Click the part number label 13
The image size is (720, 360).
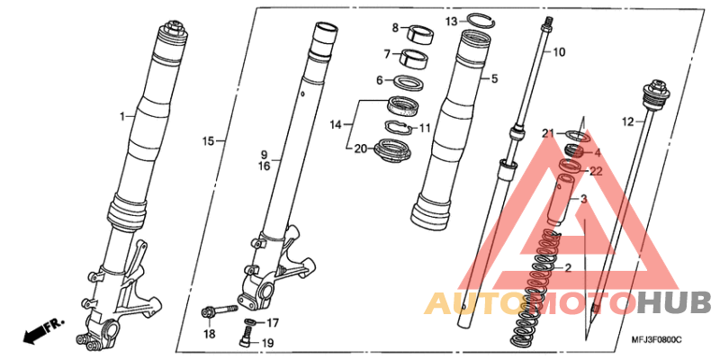(452, 21)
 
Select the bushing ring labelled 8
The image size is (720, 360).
(421, 34)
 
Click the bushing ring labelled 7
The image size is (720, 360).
(414, 58)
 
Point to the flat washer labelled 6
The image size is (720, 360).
(409, 83)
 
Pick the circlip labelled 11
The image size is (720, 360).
(397, 126)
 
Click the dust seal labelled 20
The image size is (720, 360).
(391, 150)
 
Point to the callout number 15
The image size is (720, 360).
(209, 141)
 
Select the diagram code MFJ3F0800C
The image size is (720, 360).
(657, 340)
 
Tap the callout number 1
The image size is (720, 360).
(122, 117)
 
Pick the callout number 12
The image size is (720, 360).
(627, 121)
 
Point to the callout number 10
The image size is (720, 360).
(559, 52)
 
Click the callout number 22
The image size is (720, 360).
(595, 171)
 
